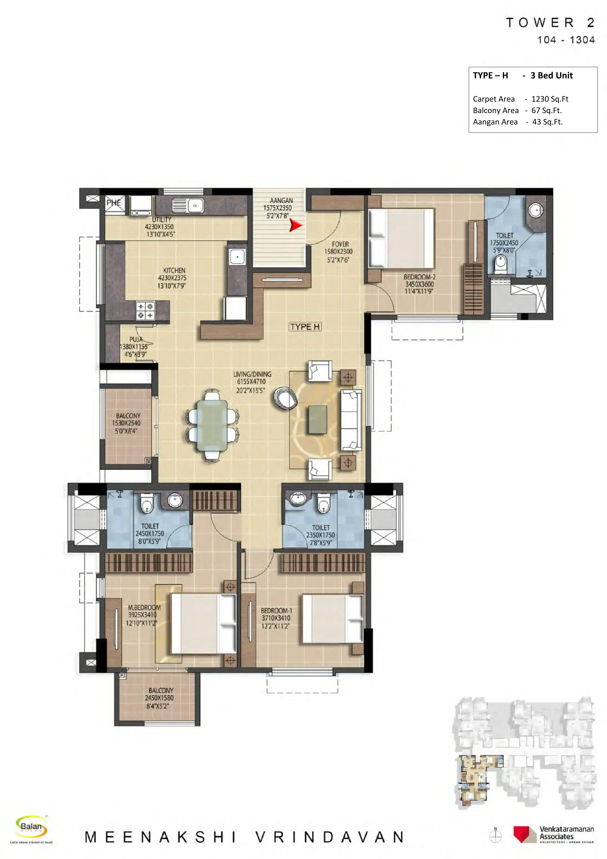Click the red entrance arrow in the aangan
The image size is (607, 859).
(296, 225)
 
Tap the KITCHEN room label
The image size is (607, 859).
(174, 270)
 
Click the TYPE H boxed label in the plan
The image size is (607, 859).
(305, 327)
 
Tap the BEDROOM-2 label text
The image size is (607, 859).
(419, 277)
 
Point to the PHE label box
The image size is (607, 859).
(114, 203)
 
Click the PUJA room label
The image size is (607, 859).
(136, 339)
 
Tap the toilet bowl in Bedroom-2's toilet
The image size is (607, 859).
(500, 264)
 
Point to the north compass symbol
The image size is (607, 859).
(496, 835)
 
